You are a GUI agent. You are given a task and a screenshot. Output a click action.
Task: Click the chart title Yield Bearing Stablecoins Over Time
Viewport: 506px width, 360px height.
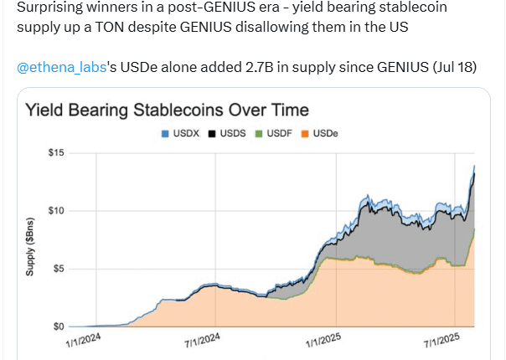[167, 110]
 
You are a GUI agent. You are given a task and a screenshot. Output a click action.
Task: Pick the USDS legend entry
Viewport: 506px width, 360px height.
[226, 133]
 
